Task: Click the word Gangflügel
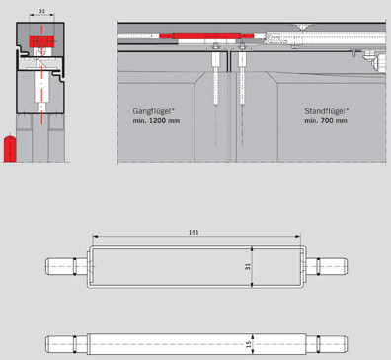coord(152,111)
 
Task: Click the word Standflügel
coord(325,111)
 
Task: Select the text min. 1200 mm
coord(156,121)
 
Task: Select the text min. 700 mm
coord(326,121)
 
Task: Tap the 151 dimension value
coord(194,232)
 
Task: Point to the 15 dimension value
coord(249,344)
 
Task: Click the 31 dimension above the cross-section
coord(41,11)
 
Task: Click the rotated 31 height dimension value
coord(248,266)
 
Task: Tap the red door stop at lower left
coord(10,148)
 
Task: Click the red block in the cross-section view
coord(41,41)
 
